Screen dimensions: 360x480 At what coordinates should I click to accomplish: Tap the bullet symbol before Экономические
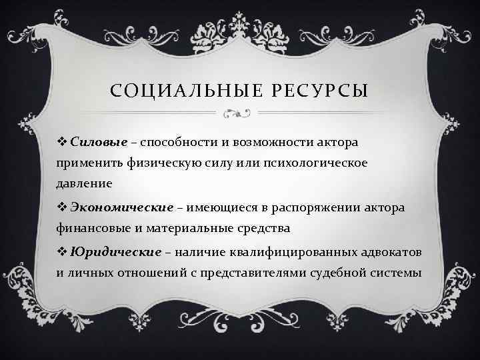[62, 207]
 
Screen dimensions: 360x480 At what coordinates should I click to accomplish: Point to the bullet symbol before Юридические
[62, 252]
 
